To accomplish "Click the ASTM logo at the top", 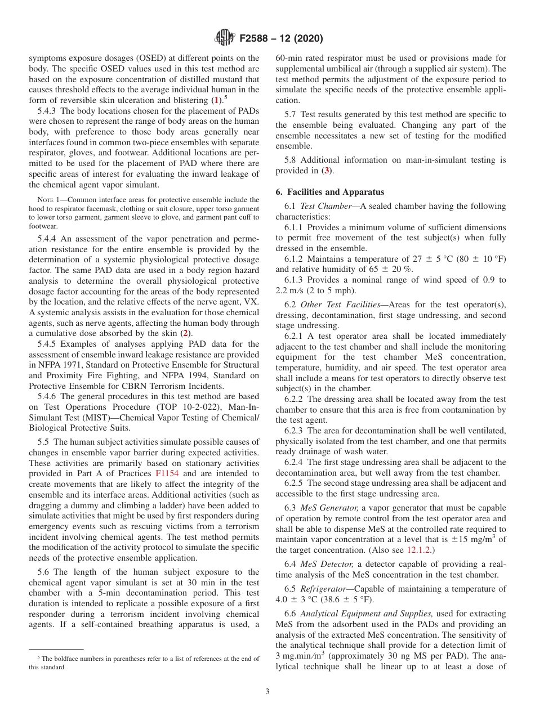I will coord(225,38).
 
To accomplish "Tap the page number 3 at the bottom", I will coord(267,692).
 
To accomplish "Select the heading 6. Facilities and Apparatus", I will coord(329,192).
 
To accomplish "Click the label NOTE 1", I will coord(45,200).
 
